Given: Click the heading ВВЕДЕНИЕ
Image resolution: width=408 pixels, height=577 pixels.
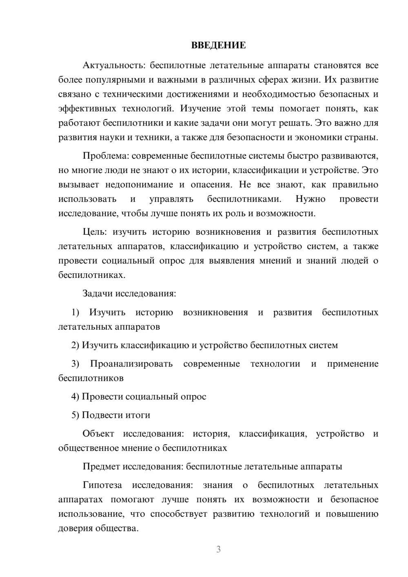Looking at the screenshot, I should click(x=218, y=45).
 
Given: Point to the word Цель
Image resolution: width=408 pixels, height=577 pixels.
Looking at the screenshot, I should click(x=94, y=232).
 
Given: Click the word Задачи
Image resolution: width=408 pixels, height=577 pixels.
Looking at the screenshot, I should click(x=98, y=293).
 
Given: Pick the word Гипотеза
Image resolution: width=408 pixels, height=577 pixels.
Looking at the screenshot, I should click(x=102, y=485).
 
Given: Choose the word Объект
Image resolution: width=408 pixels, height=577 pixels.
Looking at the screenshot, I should click(x=98, y=433).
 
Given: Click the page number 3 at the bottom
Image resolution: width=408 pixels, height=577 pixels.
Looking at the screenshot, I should click(x=218, y=549).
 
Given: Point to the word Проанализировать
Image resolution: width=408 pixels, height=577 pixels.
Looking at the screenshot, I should click(x=131, y=364).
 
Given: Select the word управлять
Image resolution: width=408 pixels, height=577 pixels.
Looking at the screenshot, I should click(x=171, y=199).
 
